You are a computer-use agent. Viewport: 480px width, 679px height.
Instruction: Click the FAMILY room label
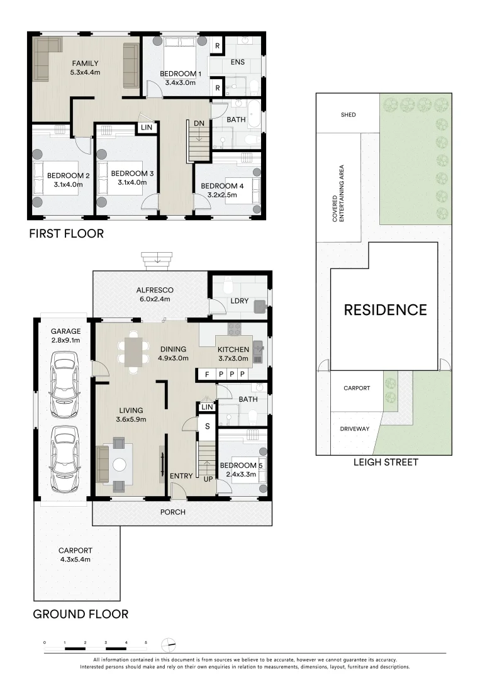tap(85, 63)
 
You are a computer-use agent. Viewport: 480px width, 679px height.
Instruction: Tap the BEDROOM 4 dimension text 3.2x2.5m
tap(222, 195)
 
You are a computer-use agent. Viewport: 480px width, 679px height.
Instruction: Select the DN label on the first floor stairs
tap(199, 123)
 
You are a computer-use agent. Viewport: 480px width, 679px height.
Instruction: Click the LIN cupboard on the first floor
tap(147, 128)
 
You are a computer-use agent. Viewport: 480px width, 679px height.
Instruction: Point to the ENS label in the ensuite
tap(237, 62)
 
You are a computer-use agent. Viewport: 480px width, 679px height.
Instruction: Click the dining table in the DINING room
tap(133, 352)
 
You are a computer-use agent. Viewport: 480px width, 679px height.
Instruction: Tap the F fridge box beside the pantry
tap(206, 375)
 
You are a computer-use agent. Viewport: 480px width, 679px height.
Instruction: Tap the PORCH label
tap(172, 512)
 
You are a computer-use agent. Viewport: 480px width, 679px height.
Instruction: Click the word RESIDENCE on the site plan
tap(385, 309)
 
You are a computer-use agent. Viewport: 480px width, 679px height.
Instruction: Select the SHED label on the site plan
tap(348, 115)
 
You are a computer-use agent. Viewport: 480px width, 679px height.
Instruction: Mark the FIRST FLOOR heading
tap(66, 234)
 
